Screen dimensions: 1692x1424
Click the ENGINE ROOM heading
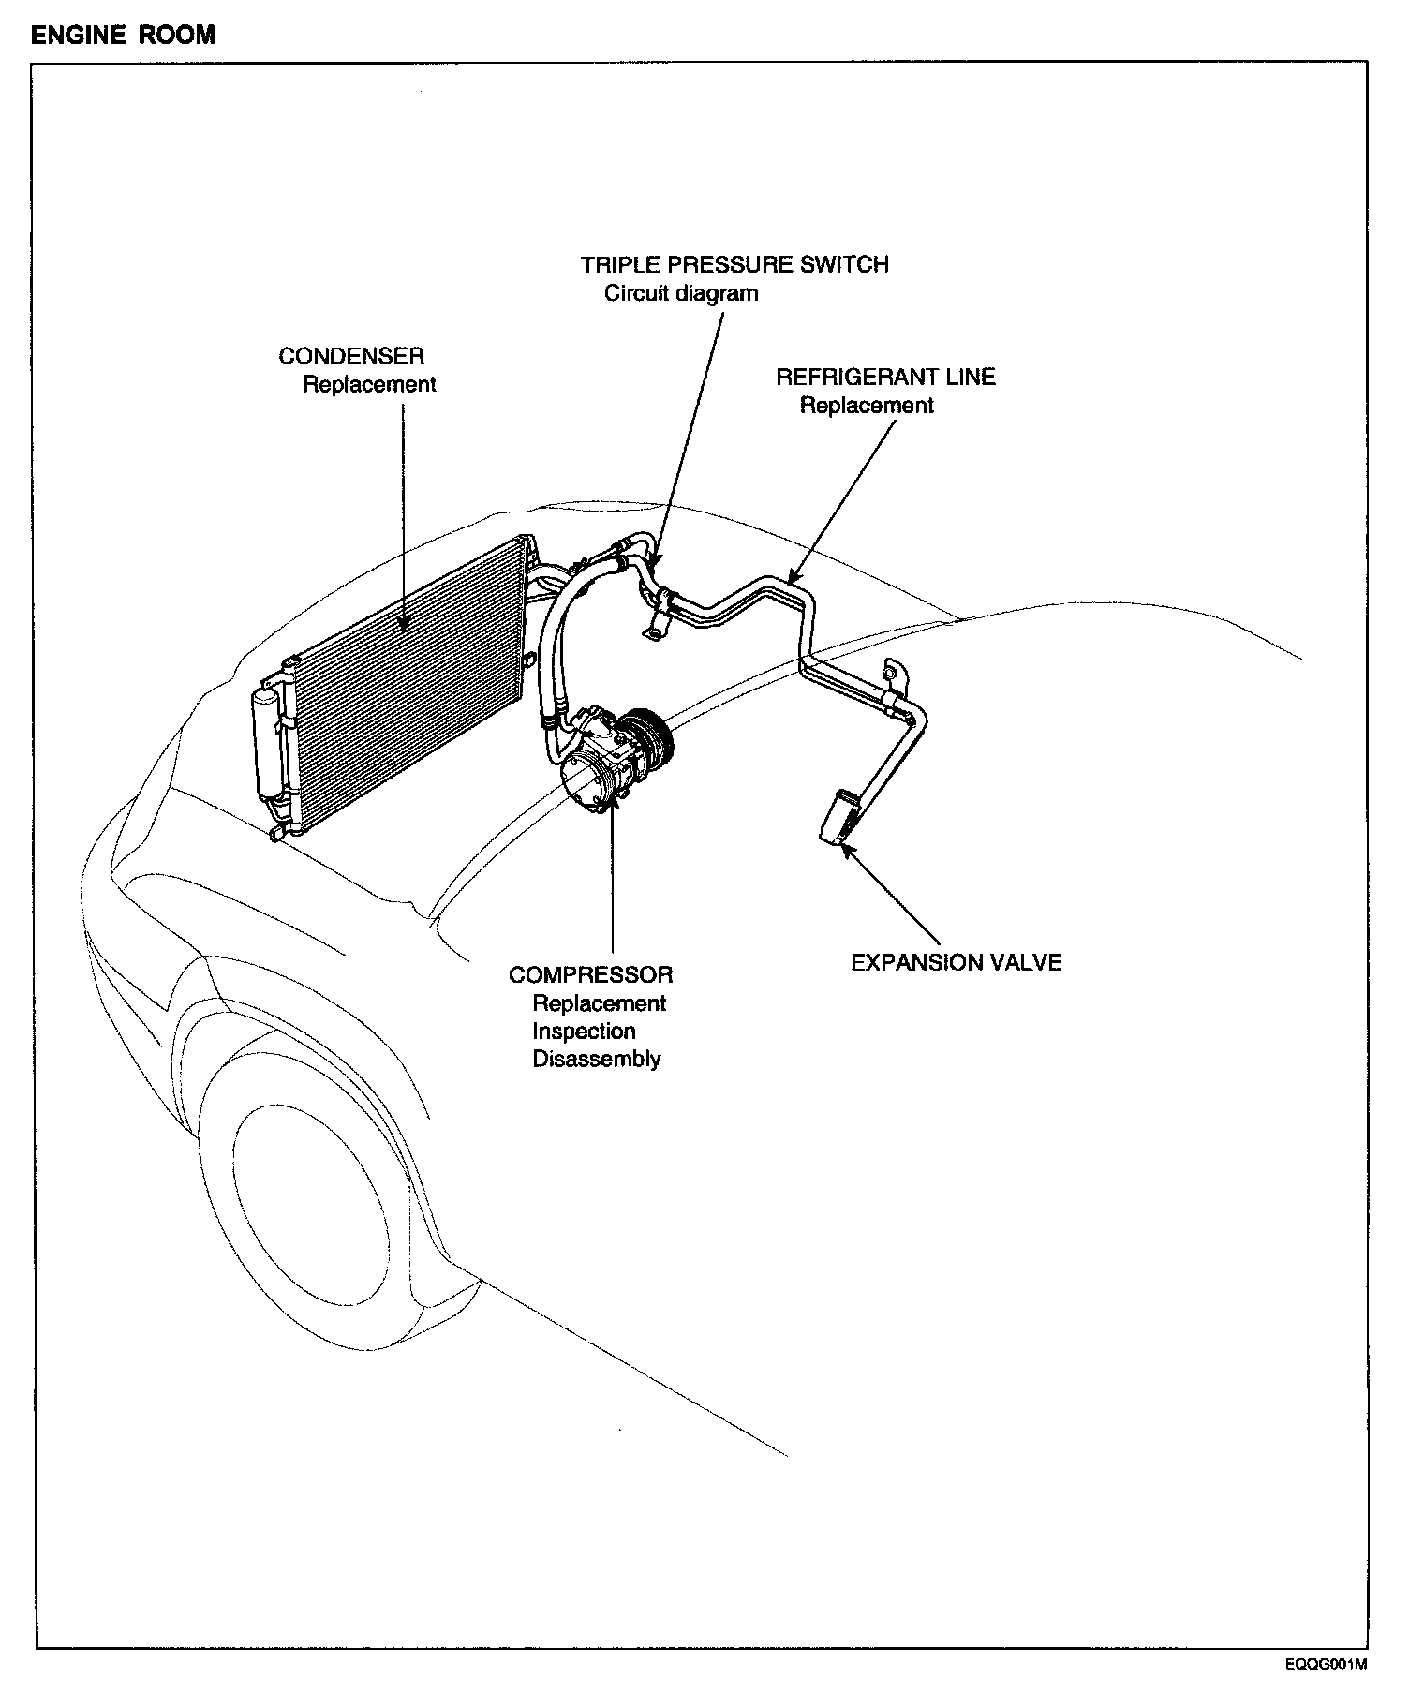123,36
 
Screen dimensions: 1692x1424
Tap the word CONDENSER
351,356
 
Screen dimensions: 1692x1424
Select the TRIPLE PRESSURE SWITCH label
734,265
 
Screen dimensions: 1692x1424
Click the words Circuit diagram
681,293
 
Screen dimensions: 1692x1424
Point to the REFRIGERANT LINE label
885,378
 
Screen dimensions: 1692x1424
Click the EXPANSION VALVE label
956,963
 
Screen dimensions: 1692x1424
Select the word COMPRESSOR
590,975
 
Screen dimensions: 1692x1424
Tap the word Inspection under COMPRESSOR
584,1032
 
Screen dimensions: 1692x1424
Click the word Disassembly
597,1060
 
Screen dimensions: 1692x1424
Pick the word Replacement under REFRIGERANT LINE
867,406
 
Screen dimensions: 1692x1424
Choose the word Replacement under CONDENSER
369,385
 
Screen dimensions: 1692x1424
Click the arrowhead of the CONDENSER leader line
404,627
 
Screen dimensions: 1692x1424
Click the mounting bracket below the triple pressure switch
655,629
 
